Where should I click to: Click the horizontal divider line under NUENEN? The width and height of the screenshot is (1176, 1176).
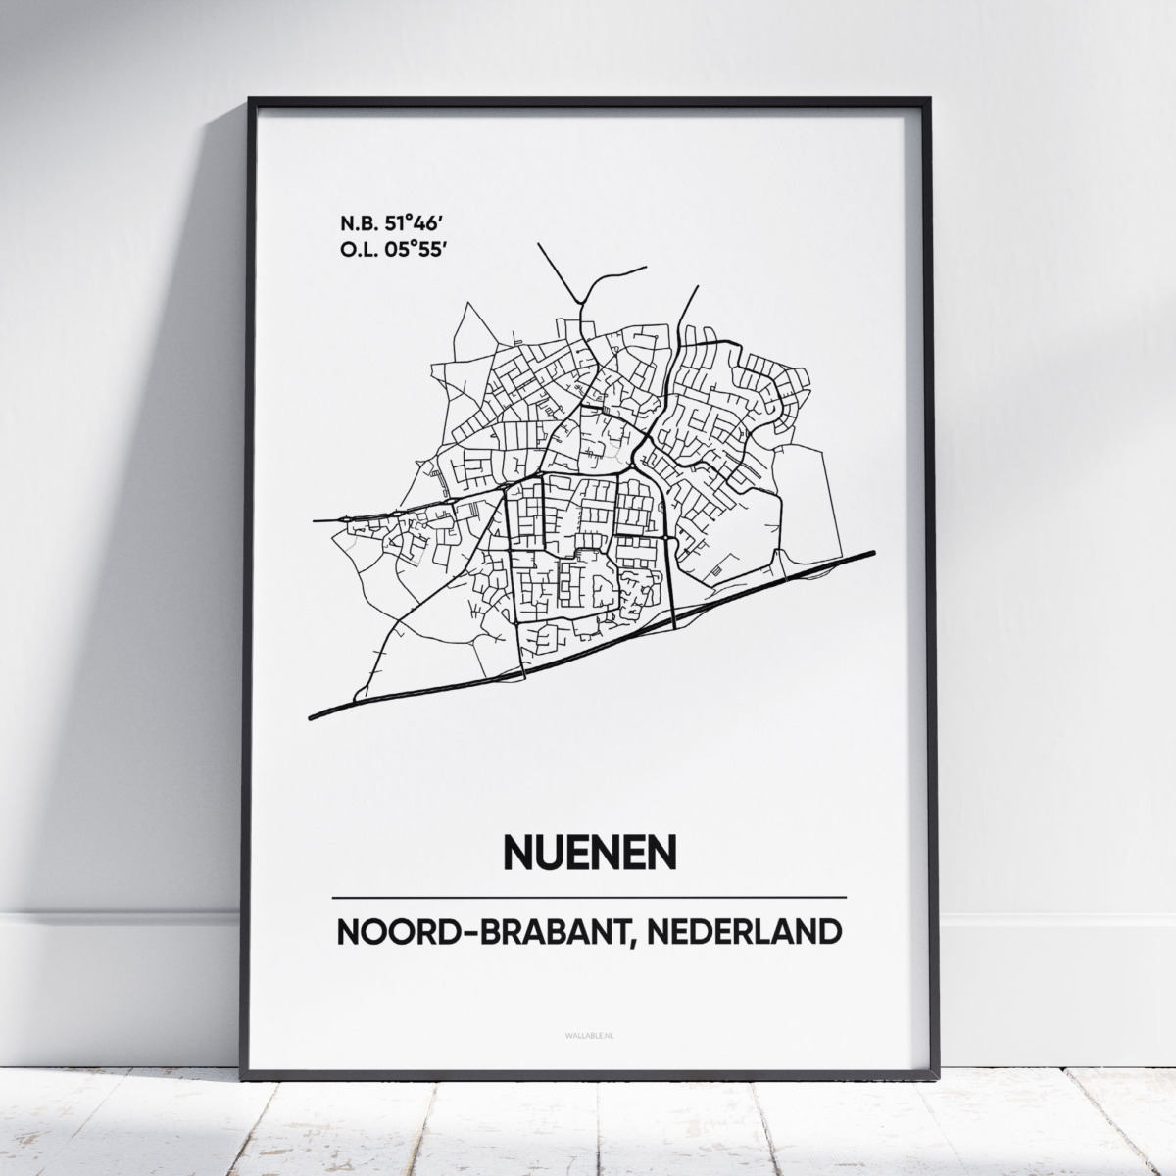pyautogui.click(x=589, y=897)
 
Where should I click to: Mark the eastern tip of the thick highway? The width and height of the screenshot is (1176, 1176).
pyautogui.click(x=872, y=552)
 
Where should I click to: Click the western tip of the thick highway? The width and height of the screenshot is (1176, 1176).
pyautogui.click(x=312, y=717)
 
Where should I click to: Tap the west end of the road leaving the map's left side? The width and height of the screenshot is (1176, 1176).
pyautogui.click(x=314, y=520)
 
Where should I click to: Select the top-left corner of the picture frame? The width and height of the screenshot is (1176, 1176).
pyautogui.click(x=251, y=99)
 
